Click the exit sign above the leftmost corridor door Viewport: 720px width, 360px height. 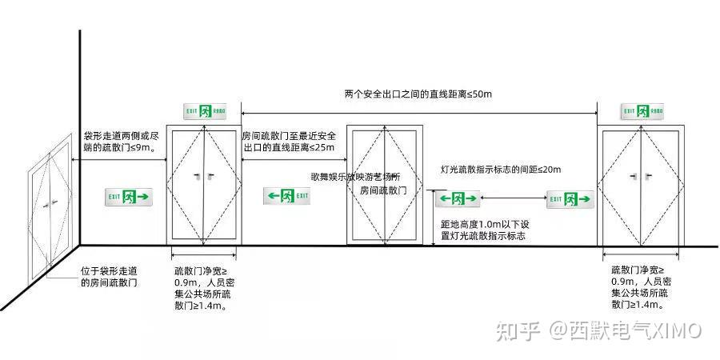point(205,110)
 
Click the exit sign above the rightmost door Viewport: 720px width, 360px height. point(642,110)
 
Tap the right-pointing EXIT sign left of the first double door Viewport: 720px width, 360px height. point(128,196)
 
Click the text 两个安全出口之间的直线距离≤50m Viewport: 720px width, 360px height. point(418,94)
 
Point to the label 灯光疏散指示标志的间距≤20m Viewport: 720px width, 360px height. point(501,170)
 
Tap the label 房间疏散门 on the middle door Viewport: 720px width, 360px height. point(385,190)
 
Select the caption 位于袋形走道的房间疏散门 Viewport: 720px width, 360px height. point(114,277)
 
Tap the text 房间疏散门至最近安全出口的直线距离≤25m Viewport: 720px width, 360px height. point(289,142)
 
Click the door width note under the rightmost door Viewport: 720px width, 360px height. point(641,287)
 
